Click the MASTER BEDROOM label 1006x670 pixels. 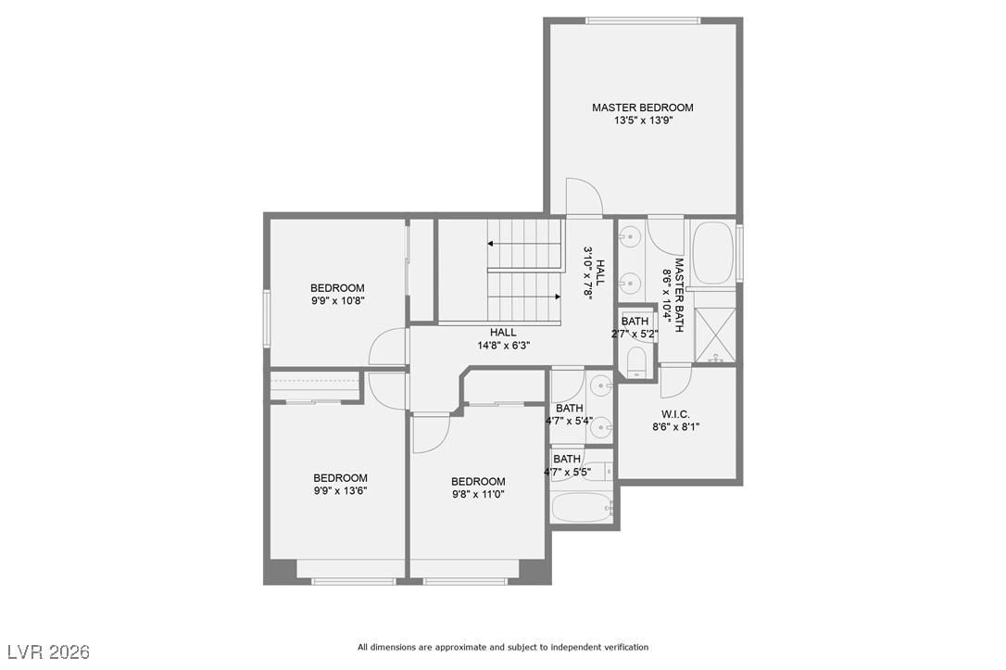[x=642, y=107]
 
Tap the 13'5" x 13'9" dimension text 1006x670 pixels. [x=642, y=120]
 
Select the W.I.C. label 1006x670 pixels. [x=675, y=413]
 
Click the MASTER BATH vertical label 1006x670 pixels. [x=678, y=296]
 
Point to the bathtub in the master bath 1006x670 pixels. [x=712, y=252]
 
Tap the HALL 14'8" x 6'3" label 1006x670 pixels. [x=503, y=338]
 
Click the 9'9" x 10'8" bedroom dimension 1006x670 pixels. [x=337, y=300]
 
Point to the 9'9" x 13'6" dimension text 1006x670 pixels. [x=340, y=491]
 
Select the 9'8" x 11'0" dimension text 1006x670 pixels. [x=478, y=495]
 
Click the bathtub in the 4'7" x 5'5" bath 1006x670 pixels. [x=581, y=508]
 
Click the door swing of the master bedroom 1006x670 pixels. [x=583, y=196]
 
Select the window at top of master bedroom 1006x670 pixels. [x=642, y=20]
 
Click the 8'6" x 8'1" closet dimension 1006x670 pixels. [x=675, y=427]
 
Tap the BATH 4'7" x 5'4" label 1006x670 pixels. [x=569, y=414]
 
